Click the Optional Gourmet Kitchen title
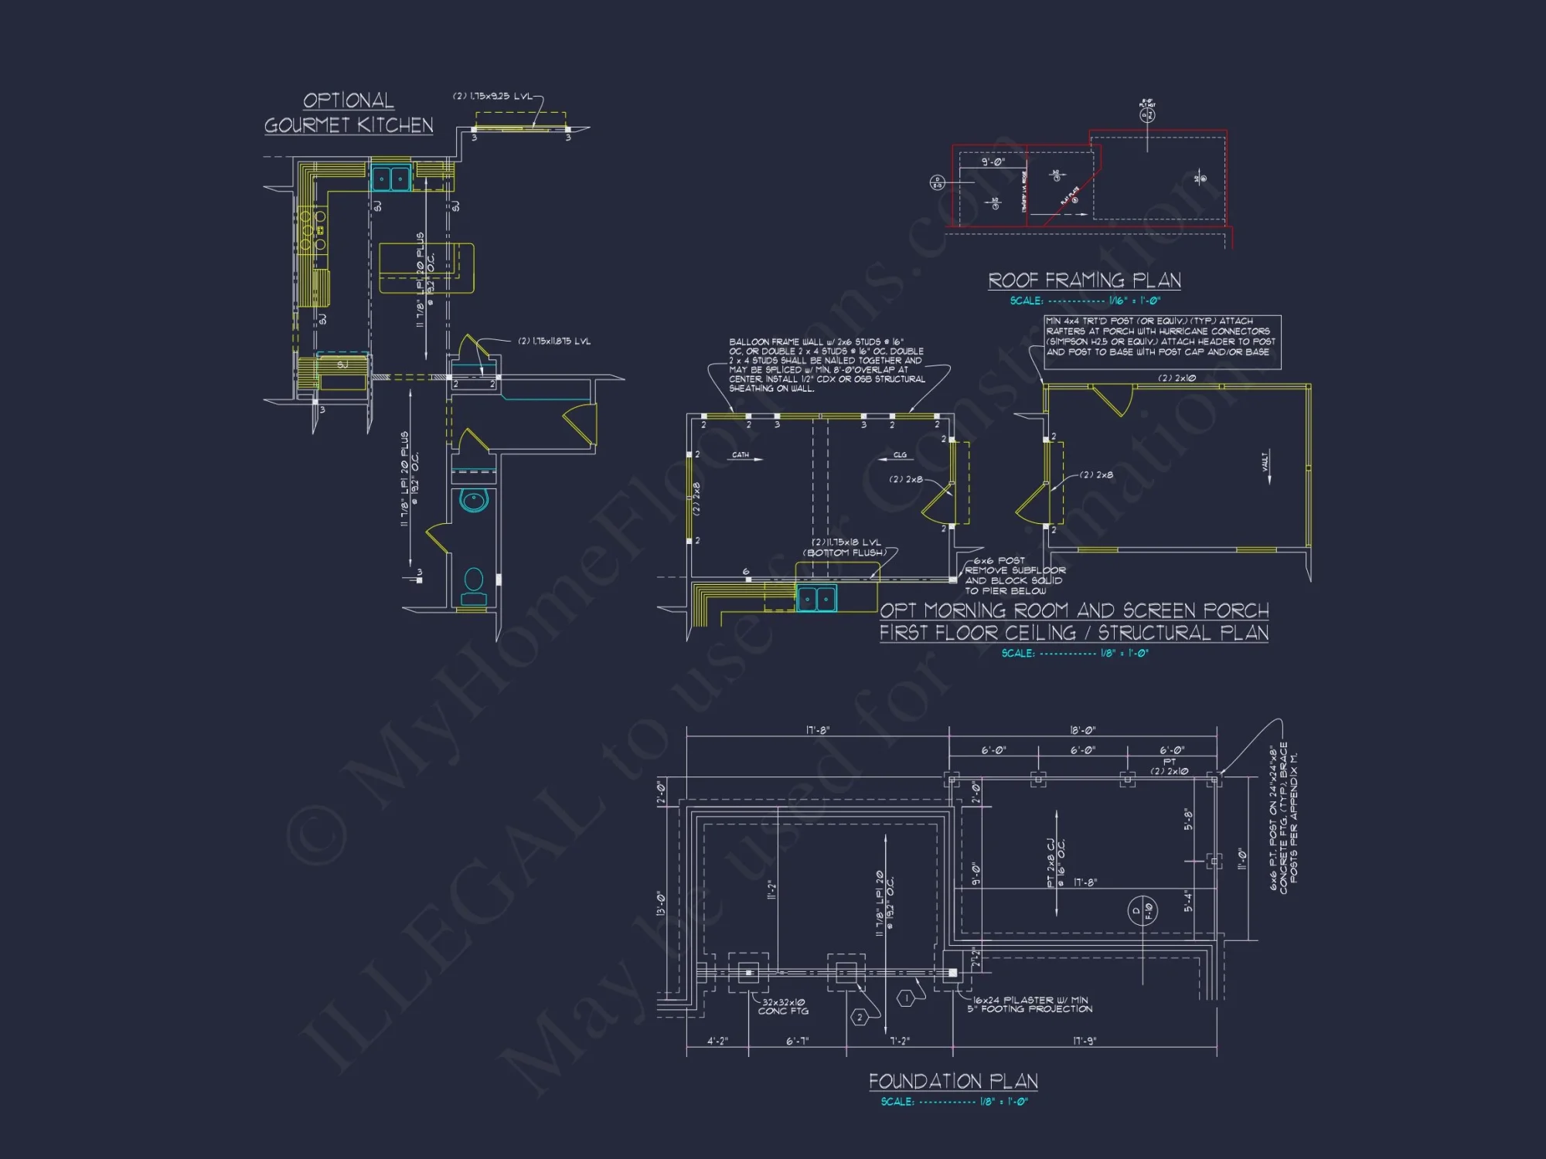pyautogui.click(x=349, y=113)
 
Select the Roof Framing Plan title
pyautogui.click(x=1085, y=280)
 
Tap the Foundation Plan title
pyautogui.click(x=953, y=1081)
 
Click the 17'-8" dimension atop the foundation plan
pyautogui.click(x=818, y=730)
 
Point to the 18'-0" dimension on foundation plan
pyautogui.click(x=1083, y=730)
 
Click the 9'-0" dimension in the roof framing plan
pyautogui.click(x=993, y=162)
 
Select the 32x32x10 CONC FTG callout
pyautogui.click(x=783, y=1006)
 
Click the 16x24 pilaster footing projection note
pyautogui.click(x=1030, y=1004)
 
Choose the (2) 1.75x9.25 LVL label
pyautogui.click(x=492, y=97)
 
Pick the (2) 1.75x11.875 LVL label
pyautogui.click(x=553, y=342)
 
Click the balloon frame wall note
pyautogui.click(x=826, y=365)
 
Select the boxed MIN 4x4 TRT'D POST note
pyautogui.click(x=1162, y=342)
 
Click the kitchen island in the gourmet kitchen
pyautogui.click(x=426, y=268)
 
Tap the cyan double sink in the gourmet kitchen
pyautogui.click(x=391, y=178)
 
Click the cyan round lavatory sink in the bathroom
pyautogui.click(x=474, y=500)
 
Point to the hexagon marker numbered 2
pyautogui.click(x=860, y=1018)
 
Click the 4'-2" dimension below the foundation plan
pyautogui.click(x=717, y=1041)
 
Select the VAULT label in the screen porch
pyautogui.click(x=1265, y=462)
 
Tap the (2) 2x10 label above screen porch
pyautogui.click(x=1177, y=378)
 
